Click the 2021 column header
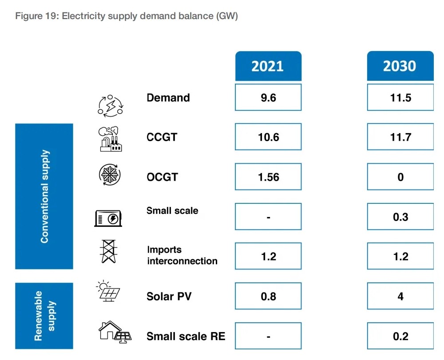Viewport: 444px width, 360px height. click(x=268, y=66)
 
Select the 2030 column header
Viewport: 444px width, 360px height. click(x=400, y=66)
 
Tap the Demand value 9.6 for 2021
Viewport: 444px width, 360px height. click(x=268, y=98)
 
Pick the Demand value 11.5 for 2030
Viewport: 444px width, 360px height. click(x=400, y=98)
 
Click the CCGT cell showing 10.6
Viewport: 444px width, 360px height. click(x=268, y=137)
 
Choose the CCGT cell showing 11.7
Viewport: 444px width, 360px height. click(x=400, y=137)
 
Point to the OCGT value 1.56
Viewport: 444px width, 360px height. click(x=268, y=177)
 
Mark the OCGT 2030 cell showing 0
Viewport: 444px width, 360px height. click(x=400, y=177)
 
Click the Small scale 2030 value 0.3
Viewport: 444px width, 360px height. click(x=400, y=217)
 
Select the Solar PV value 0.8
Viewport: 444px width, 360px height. click(x=268, y=296)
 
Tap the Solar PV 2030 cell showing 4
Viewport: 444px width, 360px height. click(x=400, y=296)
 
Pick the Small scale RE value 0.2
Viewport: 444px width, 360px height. click(x=400, y=336)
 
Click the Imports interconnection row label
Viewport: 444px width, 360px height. click(x=182, y=256)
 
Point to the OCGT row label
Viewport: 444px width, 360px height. click(x=162, y=177)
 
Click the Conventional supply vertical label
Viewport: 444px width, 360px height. click(x=44, y=197)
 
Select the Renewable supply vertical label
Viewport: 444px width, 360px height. click(x=44, y=316)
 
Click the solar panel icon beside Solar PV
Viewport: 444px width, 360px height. click(x=108, y=291)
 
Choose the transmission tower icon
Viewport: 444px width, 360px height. click(x=108, y=252)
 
